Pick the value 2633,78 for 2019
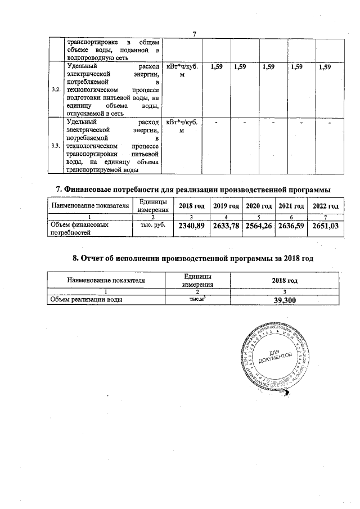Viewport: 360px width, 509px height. [x=226, y=227]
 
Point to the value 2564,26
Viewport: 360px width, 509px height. [x=260, y=227]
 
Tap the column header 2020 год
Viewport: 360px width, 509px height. [x=260, y=206]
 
